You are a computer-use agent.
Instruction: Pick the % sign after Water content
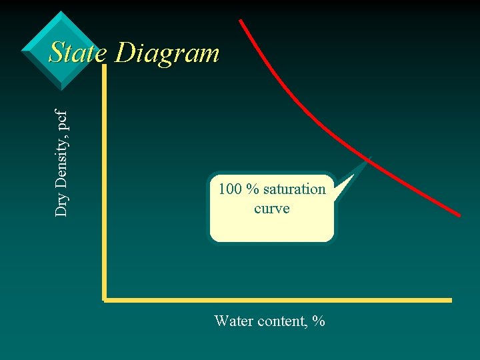pyautogui.click(x=318, y=321)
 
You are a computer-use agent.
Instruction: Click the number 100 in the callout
pyautogui.click(x=230, y=189)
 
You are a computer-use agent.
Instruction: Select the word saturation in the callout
pyautogui.click(x=294, y=189)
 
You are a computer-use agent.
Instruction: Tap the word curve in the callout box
pyautogui.click(x=272, y=209)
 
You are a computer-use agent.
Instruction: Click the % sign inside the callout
pyautogui.click(x=252, y=189)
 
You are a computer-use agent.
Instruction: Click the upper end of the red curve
pyautogui.click(x=241, y=21)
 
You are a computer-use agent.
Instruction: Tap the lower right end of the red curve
pyautogui.click(x=459, y=215)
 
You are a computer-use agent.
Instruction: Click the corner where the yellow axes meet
pyautogui.click(x=105, y=299)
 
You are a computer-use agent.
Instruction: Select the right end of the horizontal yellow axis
pyautogui.click(x=450, y=300)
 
